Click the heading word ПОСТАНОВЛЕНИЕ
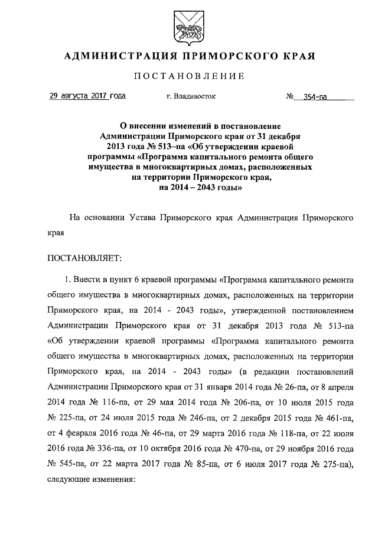click(189, 76)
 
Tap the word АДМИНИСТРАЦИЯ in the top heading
click(115, 56)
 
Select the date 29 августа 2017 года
click(87, 96)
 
